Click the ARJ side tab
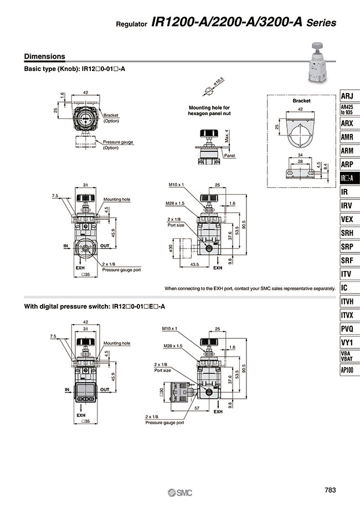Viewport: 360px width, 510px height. pos(347,95)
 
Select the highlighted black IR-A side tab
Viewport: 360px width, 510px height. pos(347,178)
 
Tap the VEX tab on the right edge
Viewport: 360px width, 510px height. pos(347,219)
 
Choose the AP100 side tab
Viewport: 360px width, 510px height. pos(347,370)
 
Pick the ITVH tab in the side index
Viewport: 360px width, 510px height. pos(347,302)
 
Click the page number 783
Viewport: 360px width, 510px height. pos(330,490)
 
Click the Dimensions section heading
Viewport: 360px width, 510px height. pos(45,56)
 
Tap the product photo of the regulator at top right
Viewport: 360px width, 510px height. pos(318,65)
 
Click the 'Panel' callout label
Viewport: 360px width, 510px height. pos(230,156)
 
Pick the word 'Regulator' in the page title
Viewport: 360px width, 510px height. pos(131,24)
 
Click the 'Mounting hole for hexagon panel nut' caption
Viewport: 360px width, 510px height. pos(209,110)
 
